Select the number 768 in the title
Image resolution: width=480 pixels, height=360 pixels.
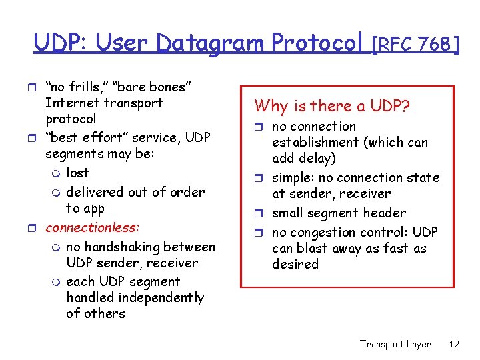(x=436, y=44)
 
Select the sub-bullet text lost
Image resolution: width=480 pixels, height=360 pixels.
(x=77, y=173)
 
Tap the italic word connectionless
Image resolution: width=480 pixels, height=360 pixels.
(x=92, y=227)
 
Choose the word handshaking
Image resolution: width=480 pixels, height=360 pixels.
(x=125, y=247)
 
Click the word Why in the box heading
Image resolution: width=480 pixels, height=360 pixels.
(x=269, y=106)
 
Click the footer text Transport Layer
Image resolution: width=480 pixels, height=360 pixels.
(x=395, y=344)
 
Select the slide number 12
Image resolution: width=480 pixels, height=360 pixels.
(x=454, y=344)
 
